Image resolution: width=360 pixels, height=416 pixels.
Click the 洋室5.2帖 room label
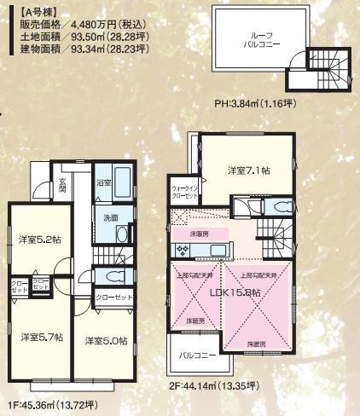(40, 240)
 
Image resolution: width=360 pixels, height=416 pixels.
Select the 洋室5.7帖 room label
(40, 337)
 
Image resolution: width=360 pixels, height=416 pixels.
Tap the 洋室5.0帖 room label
(107, 341)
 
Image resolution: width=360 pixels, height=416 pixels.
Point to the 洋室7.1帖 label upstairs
(247, 170)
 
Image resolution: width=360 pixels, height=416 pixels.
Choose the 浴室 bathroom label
(103, 182)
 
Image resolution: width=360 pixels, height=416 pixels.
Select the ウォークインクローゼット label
(185, 190)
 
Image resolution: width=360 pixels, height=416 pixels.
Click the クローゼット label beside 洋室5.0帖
(114, 298)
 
